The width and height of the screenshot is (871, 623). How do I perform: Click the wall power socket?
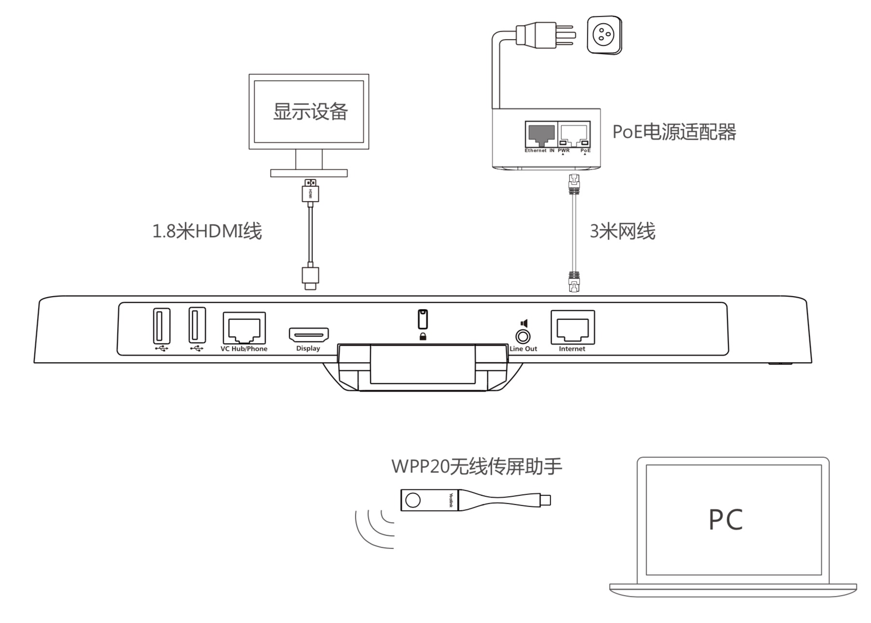[604, 35]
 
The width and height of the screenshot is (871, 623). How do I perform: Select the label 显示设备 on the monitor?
[310, 111]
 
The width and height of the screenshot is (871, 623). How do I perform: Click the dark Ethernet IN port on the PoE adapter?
[541, 134]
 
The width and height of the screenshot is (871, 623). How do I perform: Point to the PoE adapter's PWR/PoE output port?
[574, 134]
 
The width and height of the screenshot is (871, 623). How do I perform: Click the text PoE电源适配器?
[674, 132]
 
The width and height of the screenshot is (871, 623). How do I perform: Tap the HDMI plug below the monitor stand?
[311, 190]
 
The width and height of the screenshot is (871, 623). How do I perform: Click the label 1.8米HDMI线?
[207, 231]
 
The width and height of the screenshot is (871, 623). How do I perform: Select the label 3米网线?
[622, 231]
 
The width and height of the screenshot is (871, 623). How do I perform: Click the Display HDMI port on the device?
[309, 334]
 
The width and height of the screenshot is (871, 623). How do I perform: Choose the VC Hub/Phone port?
[244, 328]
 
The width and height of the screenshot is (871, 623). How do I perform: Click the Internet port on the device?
[572, 328]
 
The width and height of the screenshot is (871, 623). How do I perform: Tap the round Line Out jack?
[523, 337]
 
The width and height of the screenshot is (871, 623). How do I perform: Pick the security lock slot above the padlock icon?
[422, 319]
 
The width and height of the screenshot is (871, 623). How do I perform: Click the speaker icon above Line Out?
[524, 324]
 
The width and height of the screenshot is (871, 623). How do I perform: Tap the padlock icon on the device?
[423, 337]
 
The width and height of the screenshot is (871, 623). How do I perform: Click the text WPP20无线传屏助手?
[476, 467]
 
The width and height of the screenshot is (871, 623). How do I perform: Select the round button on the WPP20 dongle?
[413, 500]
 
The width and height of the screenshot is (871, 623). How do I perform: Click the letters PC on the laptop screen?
[725, 520]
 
